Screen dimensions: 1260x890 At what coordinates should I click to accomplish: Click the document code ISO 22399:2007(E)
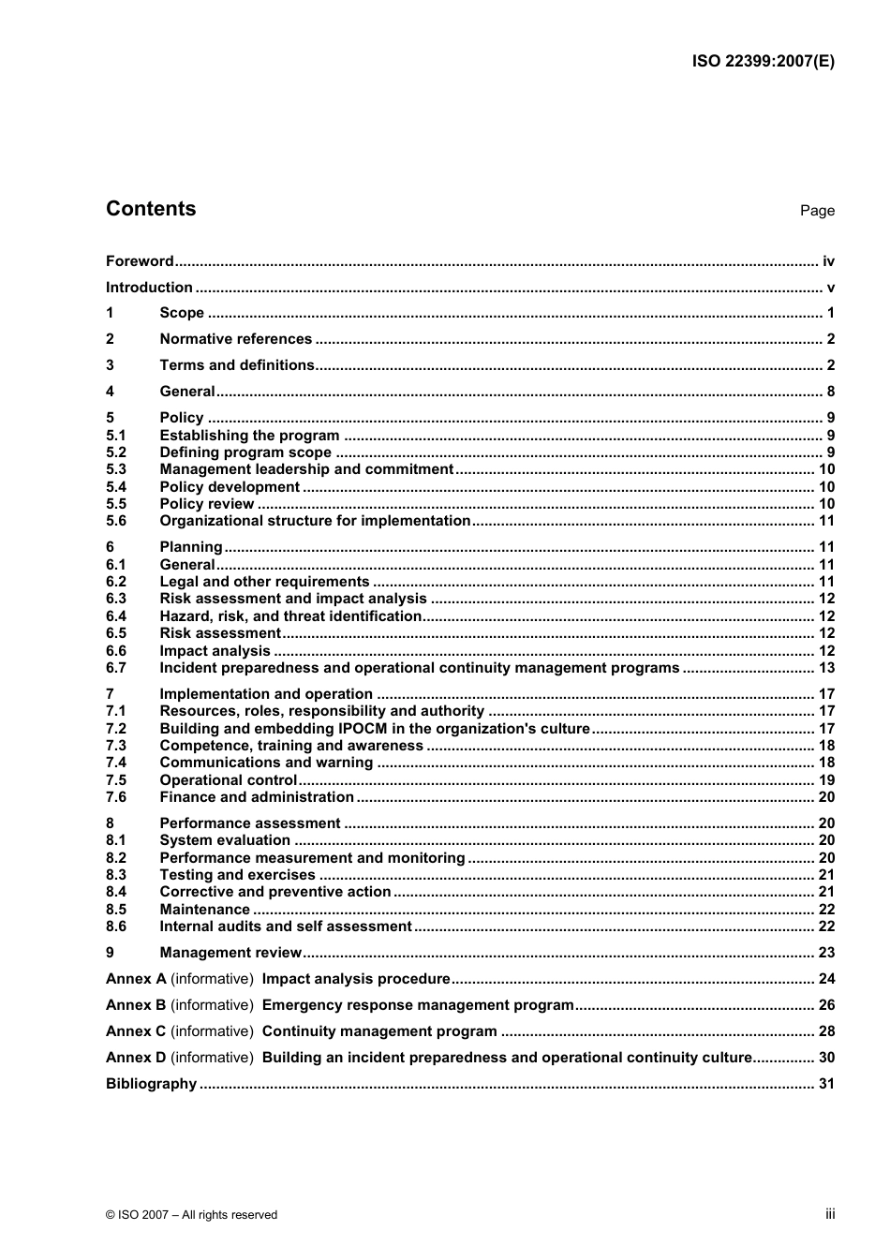[763, 62]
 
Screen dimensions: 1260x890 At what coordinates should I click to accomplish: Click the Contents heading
[151, 209]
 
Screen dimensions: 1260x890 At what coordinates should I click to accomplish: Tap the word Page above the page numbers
[817, 211]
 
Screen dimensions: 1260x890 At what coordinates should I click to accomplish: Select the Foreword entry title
[140, 261]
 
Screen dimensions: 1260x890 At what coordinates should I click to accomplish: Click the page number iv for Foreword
[828, 261]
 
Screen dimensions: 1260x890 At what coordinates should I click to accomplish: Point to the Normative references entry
[235, 339]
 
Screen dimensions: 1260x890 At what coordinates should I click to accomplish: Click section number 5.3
[116, 469]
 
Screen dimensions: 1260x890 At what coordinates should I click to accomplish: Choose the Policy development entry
[230, 487]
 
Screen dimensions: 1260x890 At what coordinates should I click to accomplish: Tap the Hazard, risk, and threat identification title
[290, 616]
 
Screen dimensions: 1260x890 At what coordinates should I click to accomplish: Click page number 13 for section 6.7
[826, 668]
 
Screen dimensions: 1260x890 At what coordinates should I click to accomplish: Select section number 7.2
[116, 729]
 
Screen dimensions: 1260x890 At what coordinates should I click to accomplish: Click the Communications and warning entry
[266, 763]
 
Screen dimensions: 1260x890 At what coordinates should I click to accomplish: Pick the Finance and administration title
[257, 797]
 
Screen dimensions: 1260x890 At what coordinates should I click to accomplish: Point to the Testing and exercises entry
[237, 875]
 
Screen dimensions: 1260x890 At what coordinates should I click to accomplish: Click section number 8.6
[116, 926]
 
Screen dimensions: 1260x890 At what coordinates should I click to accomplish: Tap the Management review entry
[230, 953]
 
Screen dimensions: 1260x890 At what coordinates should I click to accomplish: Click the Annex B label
[136, 1005]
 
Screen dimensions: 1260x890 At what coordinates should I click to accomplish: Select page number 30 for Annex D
[826, 1058]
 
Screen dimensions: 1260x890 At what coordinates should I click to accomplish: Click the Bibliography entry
[151, 1084]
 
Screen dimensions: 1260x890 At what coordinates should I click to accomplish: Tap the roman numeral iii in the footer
[830, 1214]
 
